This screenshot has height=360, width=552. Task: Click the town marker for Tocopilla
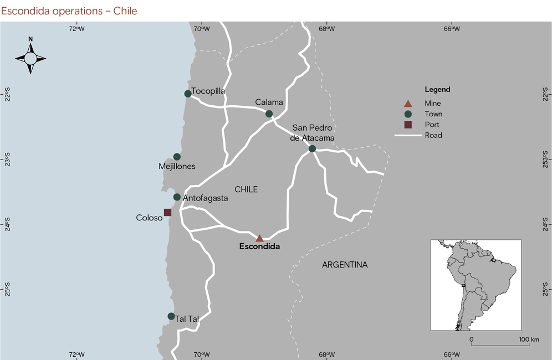pos(188,94)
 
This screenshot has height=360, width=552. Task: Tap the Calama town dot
pos(269,114)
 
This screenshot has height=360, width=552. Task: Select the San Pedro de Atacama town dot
pos(312,148)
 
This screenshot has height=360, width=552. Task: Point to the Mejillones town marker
pos(177,157)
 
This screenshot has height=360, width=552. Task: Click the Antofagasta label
pos(205,198)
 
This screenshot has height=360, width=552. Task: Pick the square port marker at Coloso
pos(168,213)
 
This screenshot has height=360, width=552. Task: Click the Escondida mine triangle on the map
pos(259,238)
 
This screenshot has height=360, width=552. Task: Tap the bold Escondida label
pos(259,247)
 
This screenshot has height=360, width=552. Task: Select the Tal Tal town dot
pos(171,316)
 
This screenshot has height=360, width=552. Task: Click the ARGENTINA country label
pos(345,265)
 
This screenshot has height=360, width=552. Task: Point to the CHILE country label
pos(246,189)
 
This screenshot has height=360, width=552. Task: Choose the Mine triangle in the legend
pos(408,104)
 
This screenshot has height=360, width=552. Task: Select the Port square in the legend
pos(408,125)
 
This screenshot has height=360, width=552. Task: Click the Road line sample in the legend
pos(408,135)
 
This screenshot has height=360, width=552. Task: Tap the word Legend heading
pos(437,90)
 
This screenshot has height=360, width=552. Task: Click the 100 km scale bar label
pos(530,339)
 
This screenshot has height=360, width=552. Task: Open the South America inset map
pos(476,285)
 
